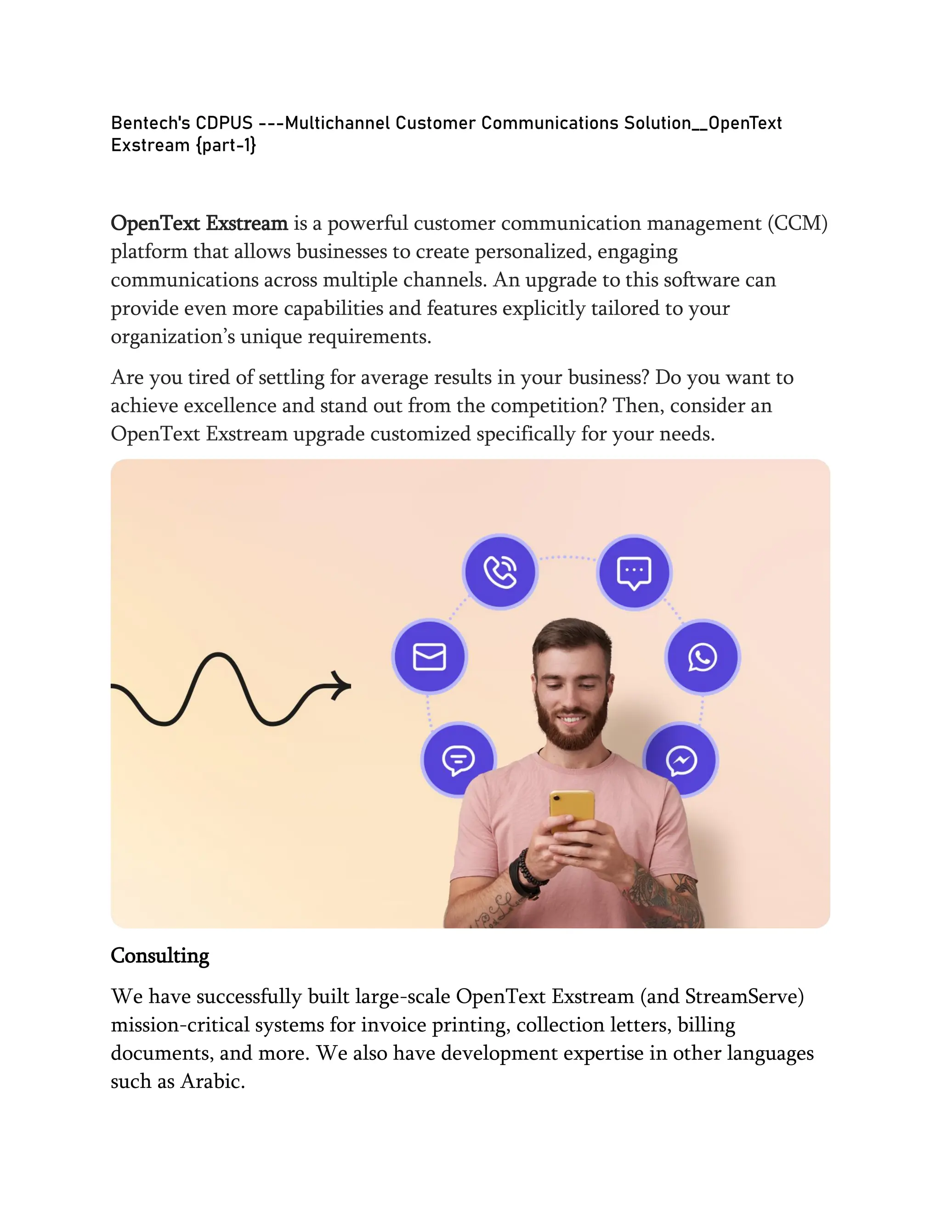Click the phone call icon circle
pyautogui.click(x=500, y=572)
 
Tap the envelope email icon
pyautogui.click(x=429, y=656)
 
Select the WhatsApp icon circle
pyautogui.click(x=703, y=657)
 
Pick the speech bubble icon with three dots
pyautogui.click(x=634, y=572)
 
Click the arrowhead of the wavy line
pyautogui.click(x=341, y=685)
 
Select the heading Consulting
pyautogui.click(x=160, y=956)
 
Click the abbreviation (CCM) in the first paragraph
pyautogui.click(x=797, y=223)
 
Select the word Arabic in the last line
pyautogui.click(x=212, y=1081)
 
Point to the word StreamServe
pyautogui.click(x=744, y=996)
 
